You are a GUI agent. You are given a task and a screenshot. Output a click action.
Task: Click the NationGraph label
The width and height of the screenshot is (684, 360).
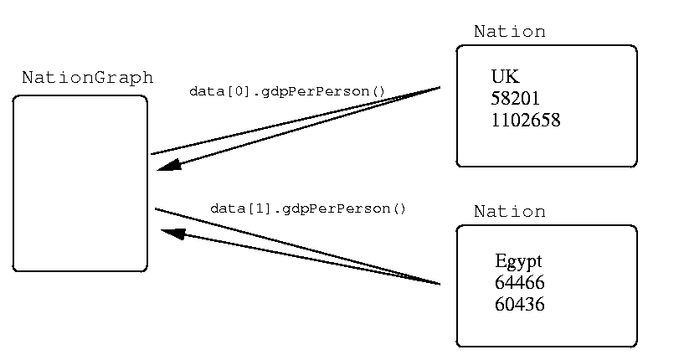(x=87, y=78)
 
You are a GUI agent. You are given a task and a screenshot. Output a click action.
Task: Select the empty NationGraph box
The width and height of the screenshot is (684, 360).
(x=80, y=183)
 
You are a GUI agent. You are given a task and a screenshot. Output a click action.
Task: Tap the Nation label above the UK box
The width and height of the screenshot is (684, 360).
(x=509, y=32)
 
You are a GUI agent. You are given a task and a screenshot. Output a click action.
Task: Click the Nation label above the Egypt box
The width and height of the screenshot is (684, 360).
(x=509, y=211)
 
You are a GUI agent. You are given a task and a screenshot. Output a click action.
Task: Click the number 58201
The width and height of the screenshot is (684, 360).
(x=516, y=99)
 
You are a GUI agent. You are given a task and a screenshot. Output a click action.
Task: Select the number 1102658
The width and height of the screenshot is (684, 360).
(x=526, y=120)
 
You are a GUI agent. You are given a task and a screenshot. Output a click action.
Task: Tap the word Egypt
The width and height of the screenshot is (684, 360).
(x=518, y=261)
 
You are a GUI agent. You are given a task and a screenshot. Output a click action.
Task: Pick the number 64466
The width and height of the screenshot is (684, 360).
(x=520, y=283)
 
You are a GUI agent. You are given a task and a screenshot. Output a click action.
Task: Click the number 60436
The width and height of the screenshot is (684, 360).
(x=520, y=304)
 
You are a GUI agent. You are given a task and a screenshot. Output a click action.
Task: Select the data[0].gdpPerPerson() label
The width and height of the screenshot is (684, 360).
(x=287, y=90)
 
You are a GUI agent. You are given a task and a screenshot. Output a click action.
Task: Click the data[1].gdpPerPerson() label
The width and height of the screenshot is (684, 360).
(x=307, y=208)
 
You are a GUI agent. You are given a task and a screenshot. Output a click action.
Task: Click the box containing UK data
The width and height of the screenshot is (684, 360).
(x=546, y=106)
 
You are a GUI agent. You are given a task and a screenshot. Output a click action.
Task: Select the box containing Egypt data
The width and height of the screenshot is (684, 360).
(x=546, y=285)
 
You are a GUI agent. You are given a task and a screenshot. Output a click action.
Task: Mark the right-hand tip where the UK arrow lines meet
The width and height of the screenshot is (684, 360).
(x=440, y=87)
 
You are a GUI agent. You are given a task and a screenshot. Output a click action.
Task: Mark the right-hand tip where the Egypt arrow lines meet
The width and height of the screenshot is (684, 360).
(x=439, y=285)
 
